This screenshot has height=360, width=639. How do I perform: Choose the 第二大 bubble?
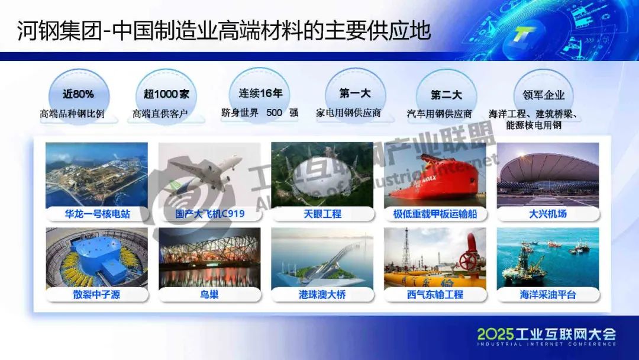click(x=446, y=95)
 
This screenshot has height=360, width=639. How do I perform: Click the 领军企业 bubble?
click(x=543, y=95)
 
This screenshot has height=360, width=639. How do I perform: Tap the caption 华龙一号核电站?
click(x=97, y=214)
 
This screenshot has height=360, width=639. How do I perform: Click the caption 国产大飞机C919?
click(x=209, y=214)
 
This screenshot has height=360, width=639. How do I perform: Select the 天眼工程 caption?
click(x=322, y=214)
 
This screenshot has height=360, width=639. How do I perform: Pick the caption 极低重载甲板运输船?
click(x=435, y=214)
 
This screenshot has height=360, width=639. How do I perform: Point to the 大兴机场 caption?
click(x=548, y=214)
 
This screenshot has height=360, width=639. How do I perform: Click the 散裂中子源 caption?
click(x=97, y=294)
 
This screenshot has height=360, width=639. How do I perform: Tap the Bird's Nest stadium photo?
click(x=209, y=258)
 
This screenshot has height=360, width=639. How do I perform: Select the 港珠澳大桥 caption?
click(x=322, y=294)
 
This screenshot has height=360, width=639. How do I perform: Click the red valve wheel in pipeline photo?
click(x=469, y=260)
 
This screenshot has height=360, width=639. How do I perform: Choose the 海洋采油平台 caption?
click(x=548, y=294)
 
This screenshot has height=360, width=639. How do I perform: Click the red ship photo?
click(x=435, y=175)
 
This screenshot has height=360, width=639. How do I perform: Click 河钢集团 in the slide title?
click(x=59, y=31)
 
